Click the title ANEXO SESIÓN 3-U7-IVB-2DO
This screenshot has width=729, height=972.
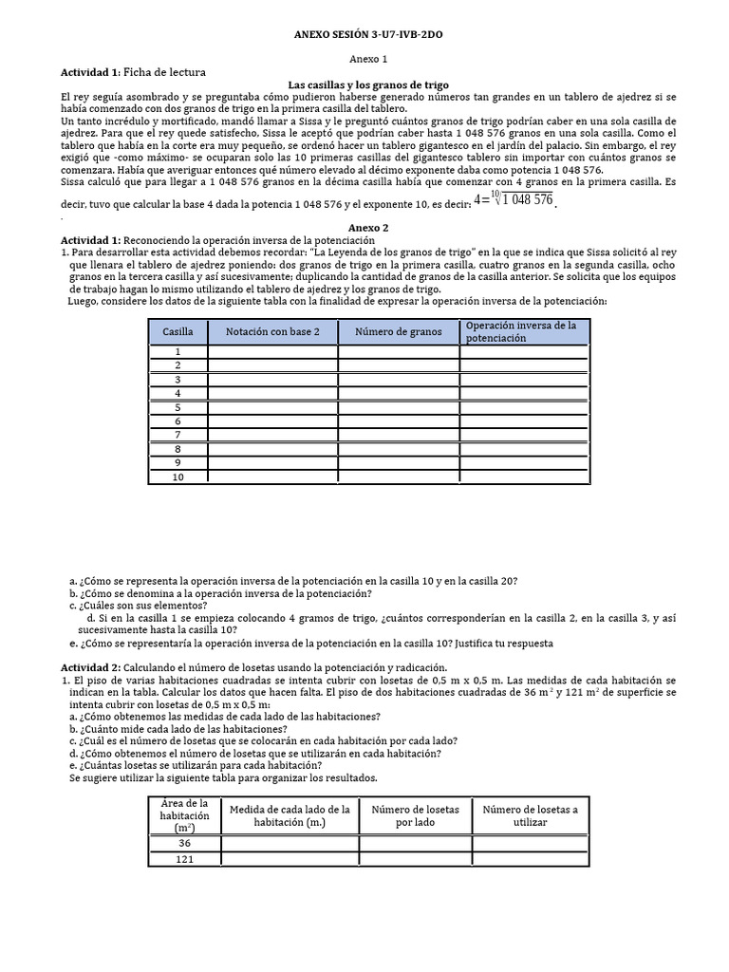(x=364, y=35)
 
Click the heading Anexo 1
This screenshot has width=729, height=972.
(x=364, y=59)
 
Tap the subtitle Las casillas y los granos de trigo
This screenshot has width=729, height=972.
(x=369, y=84)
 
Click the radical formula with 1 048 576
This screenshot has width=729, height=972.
(x=513, y=199)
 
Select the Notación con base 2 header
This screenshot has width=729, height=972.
(x=272, y=331)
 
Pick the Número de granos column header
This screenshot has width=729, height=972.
(x=399, y=331)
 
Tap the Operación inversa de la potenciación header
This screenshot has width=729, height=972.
(x=524, y=331)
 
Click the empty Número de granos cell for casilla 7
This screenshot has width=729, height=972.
(x=399, y=435)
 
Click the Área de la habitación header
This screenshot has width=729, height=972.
(x=184, y=815)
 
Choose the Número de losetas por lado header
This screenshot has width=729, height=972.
(x=415, y=815)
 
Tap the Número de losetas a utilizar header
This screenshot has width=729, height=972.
(x=530, y=815)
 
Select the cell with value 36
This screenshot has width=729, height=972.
(x=184, y=843)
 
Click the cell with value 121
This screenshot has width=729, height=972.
(x=184, y=860)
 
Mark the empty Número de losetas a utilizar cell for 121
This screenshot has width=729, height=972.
(x=530, y=860)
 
